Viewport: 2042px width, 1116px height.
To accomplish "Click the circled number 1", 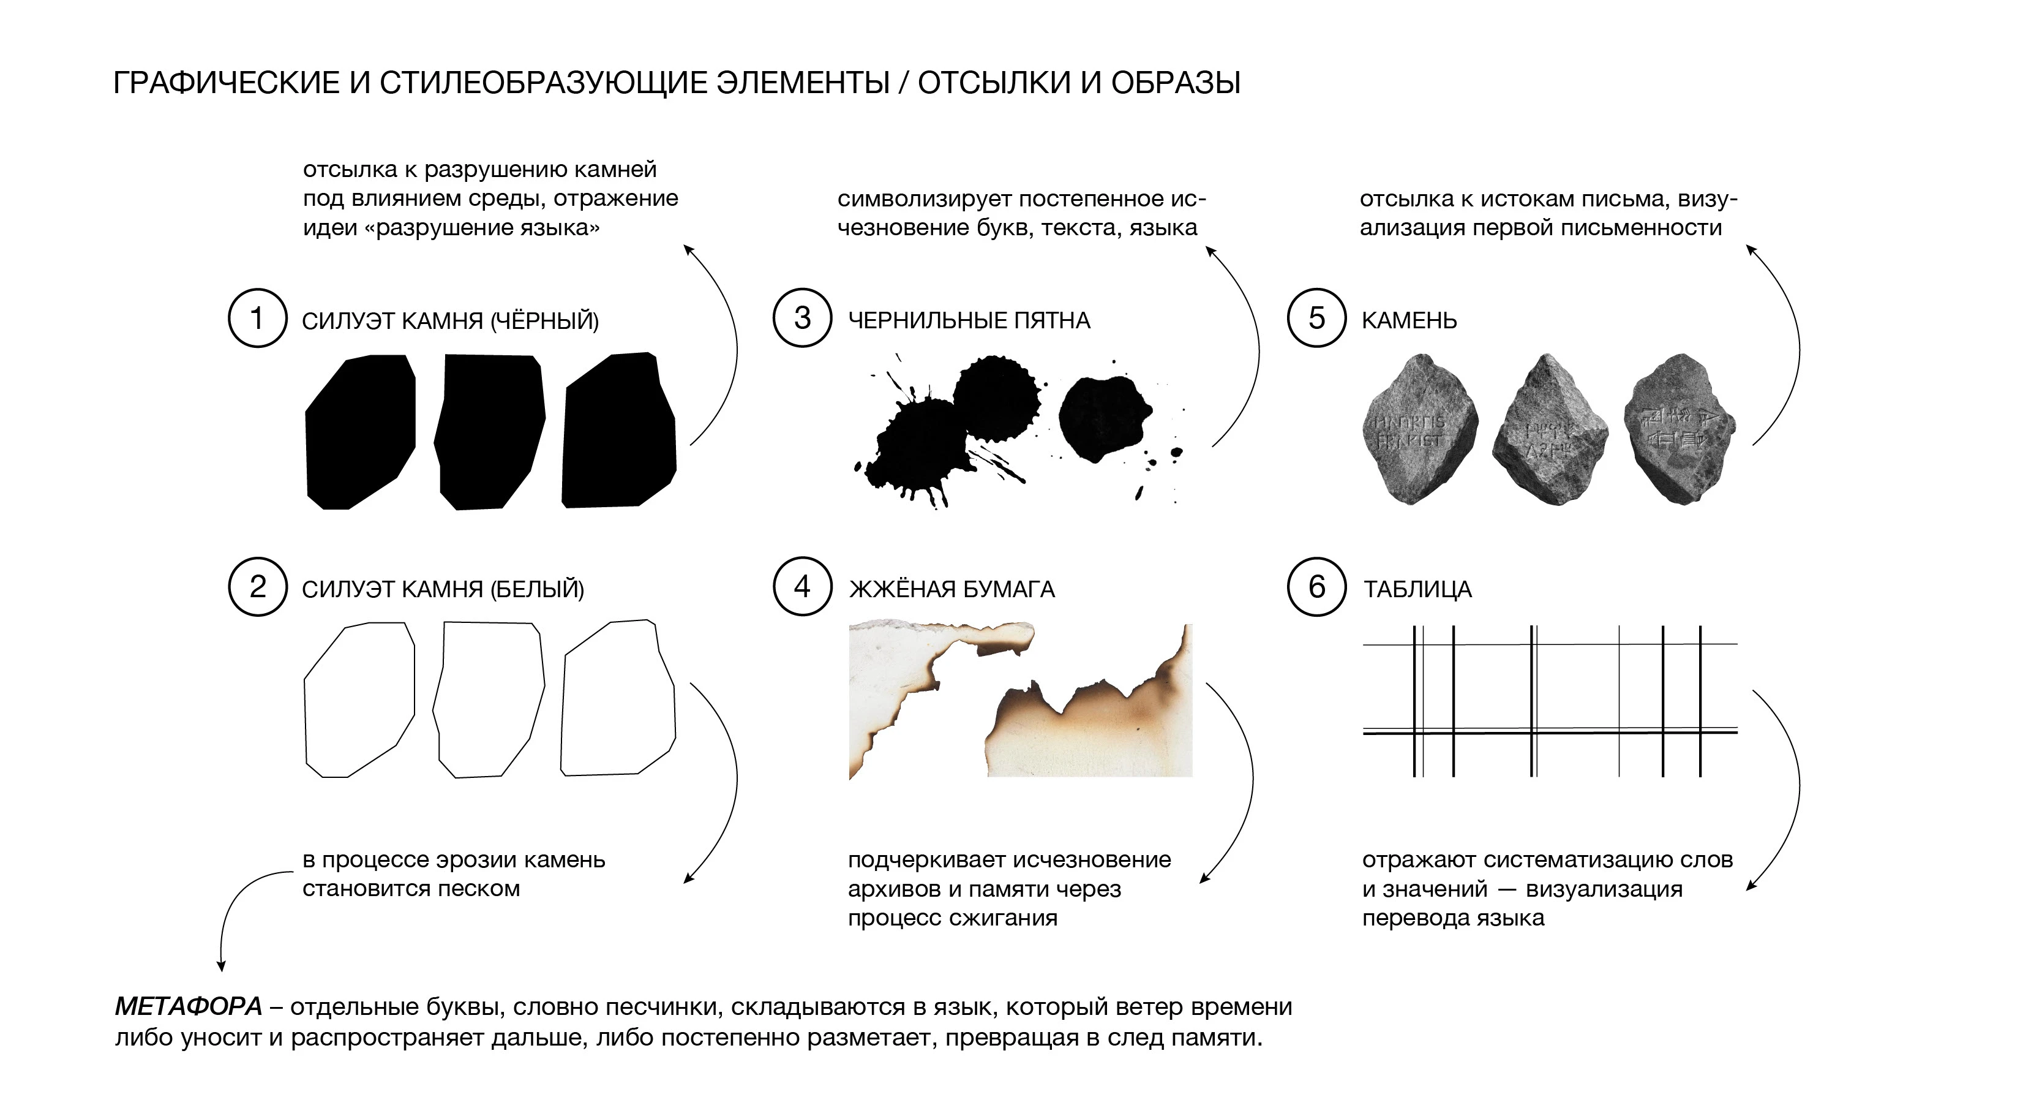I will click(x=257, y=318).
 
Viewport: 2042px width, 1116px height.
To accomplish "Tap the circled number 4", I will click(x=802, y=587).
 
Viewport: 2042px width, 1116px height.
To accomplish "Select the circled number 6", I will click(x=1316, y=587).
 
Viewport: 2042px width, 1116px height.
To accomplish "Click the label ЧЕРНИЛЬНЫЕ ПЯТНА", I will click(x=969, y=320).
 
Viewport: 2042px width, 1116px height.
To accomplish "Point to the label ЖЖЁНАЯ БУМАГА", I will click(x=952, y=589).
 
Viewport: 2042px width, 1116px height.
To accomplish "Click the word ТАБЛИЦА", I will click(x=1417, y=589).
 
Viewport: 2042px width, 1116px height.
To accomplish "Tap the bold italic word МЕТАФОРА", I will click(x=189, y=1006).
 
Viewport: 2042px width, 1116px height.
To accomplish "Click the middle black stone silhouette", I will click(x=489, y=431).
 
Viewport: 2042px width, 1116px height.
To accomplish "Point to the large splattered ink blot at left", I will click(x=920, y=448).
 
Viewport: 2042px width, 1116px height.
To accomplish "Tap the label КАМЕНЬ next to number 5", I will click(x=1409, y=320).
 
